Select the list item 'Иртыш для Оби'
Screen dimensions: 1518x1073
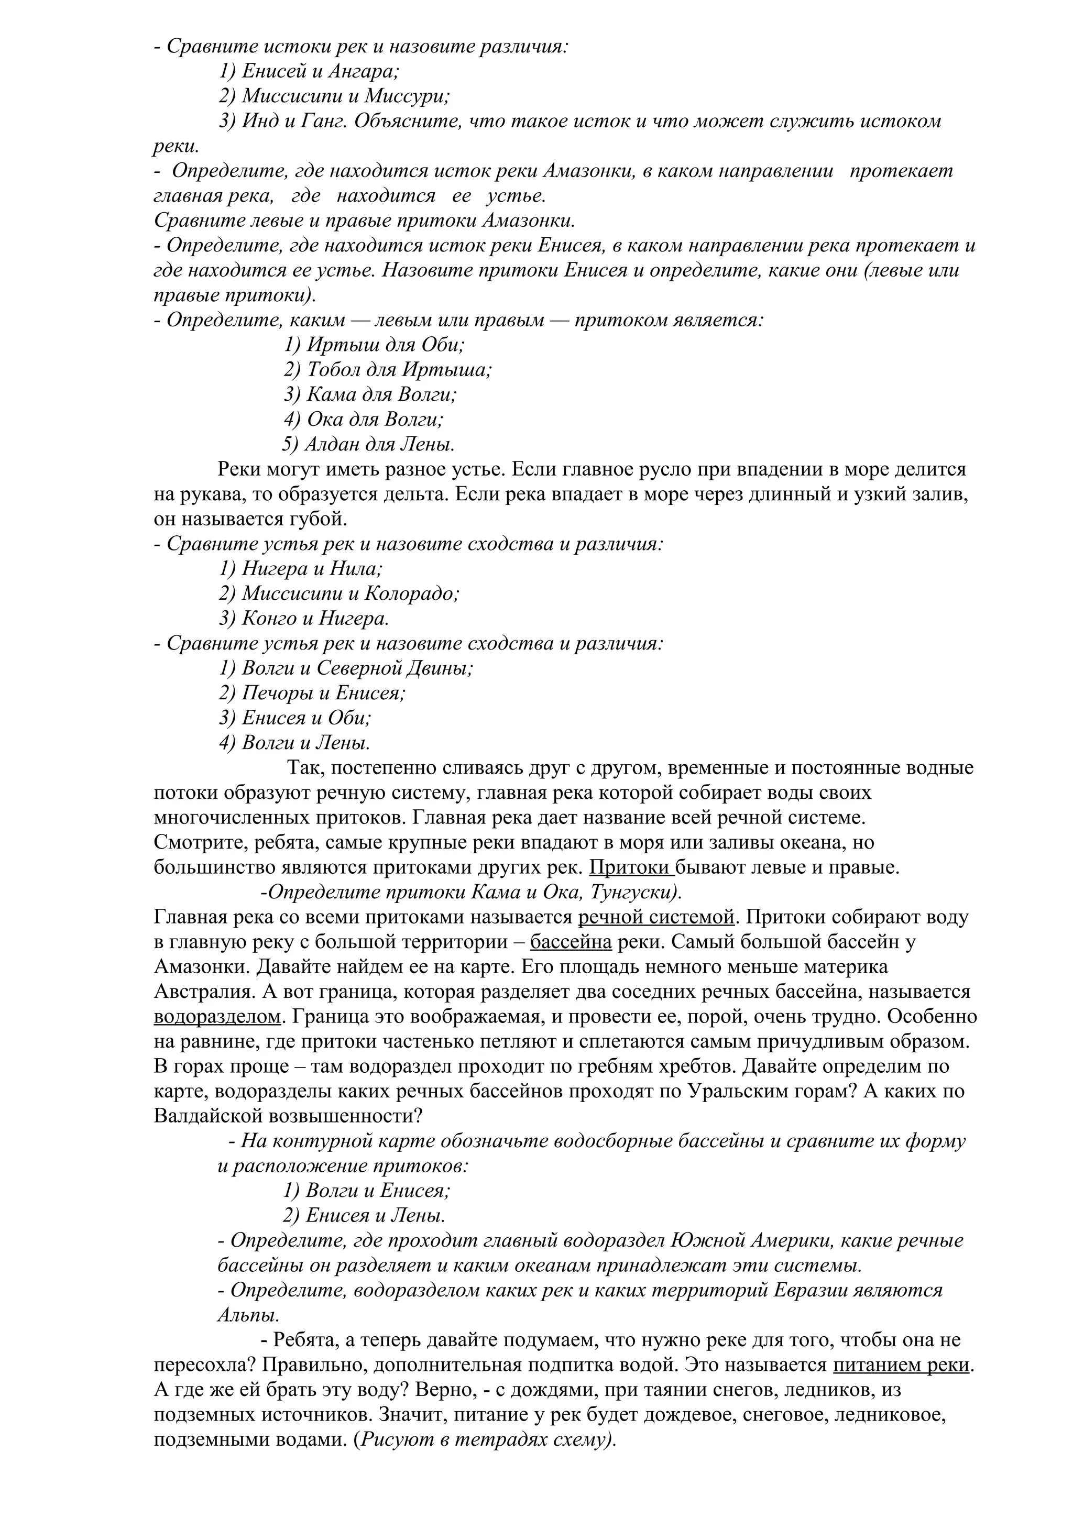click(x=374, y=345)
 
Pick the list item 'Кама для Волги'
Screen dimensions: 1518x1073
click(x=370, y=395)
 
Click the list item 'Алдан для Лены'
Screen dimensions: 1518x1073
click(x=368, y=444)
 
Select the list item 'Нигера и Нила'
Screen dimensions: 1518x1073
click(x=301, y=568)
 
